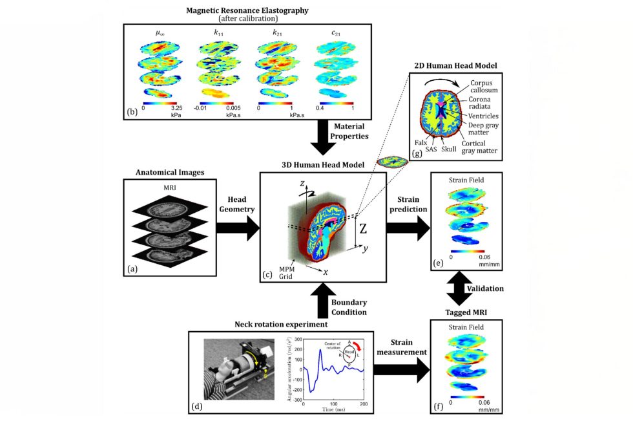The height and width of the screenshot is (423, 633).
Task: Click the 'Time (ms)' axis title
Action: coord(334,409)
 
